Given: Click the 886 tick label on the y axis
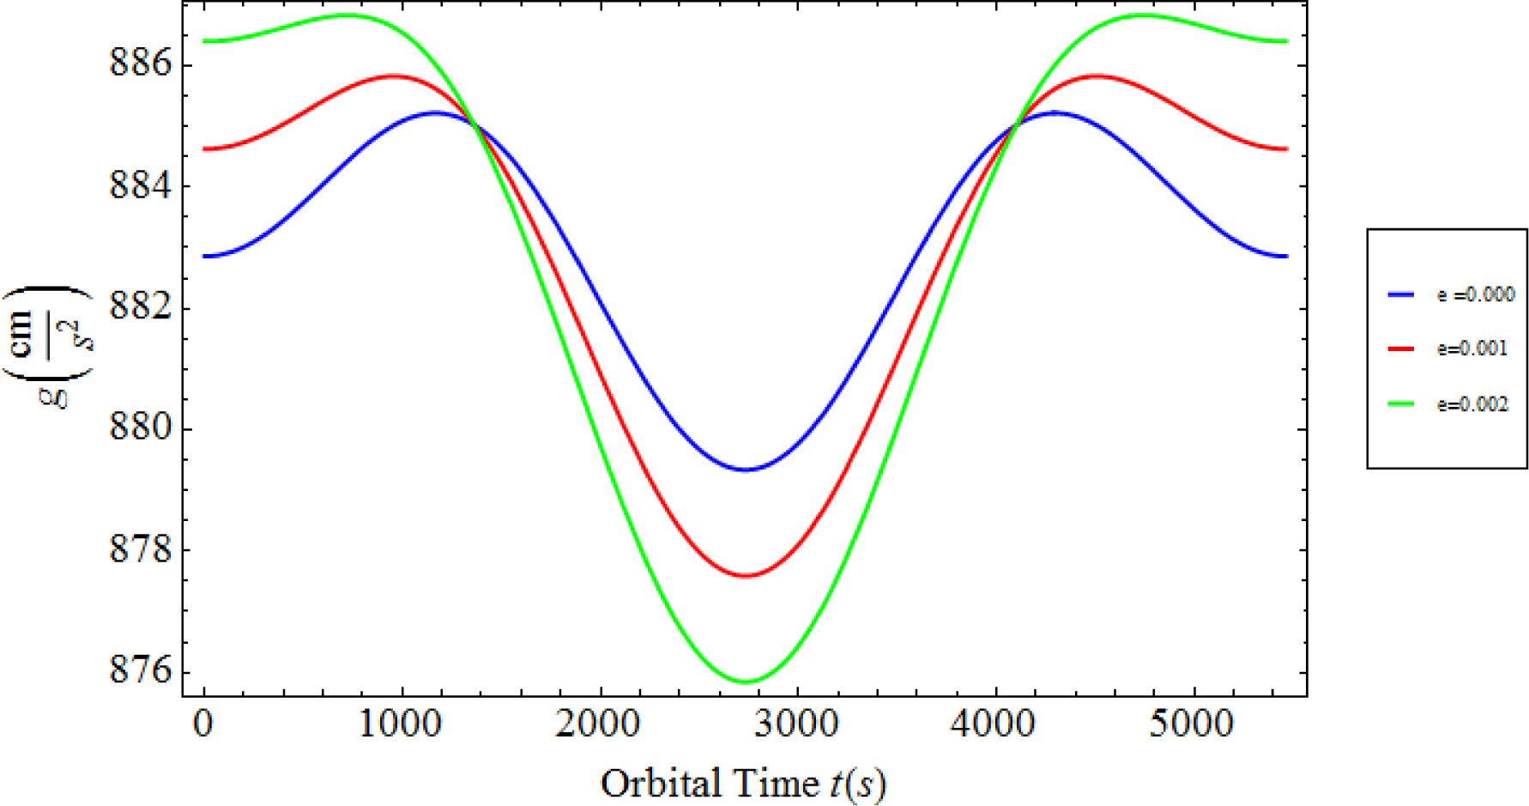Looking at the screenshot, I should tap(140, 65).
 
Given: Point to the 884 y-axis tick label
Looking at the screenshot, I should tap(140, 186).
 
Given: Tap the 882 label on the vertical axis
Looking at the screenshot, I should tap(140, 308).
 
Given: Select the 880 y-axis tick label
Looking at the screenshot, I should tap(140, 429).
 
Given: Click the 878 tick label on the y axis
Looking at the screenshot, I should tap(140, 550).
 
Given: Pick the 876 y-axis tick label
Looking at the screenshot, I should tap(140, 672).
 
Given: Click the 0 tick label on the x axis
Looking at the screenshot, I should tap(203, 725).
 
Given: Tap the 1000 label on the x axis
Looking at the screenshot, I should tap(402, 725).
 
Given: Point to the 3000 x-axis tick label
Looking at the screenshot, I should tap(797, 725).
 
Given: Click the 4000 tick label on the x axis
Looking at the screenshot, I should tap(995, 725).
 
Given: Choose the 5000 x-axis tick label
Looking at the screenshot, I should tap(1194, 725).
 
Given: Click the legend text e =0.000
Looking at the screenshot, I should tap(1476, 294).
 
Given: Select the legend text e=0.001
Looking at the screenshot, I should tap(1472, 349).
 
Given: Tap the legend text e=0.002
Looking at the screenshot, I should tap(1472, 405).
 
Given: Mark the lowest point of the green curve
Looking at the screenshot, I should tap(745, 682).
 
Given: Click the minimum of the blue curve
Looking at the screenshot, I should tap(745, 470).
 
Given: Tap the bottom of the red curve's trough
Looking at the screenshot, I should tap(745, 575).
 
